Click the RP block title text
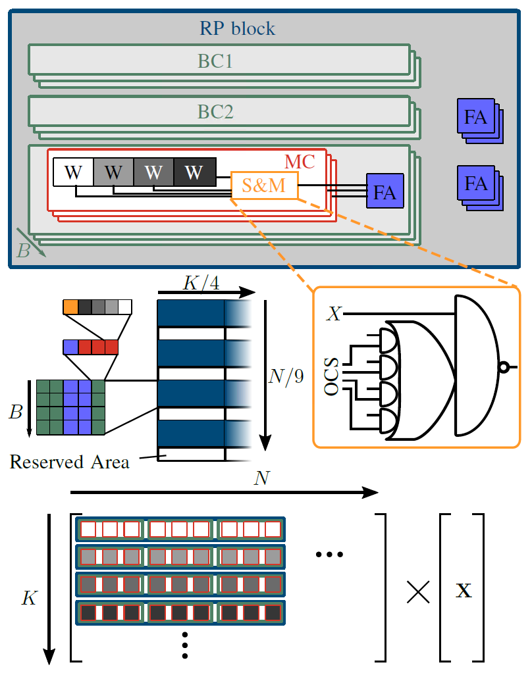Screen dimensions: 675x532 (x=237, y=29)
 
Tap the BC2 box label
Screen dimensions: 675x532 (x=216, y=112)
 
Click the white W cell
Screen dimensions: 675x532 (x=74, y=172)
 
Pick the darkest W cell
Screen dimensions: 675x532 (x=194, y=172)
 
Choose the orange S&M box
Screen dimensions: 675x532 (x=264, y=186)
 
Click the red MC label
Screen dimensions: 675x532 (x=300, y=161)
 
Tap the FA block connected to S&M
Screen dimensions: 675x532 (x=385, y=192)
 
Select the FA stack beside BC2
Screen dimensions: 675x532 (x=478, y=119)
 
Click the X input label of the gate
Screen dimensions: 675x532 (x=334, y=314)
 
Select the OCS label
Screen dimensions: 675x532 (x=332, y=376)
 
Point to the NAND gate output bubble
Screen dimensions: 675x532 (x=504, y=366)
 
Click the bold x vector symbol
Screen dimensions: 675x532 (x=464, y=591)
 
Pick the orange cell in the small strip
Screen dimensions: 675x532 (x=70, y=307)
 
